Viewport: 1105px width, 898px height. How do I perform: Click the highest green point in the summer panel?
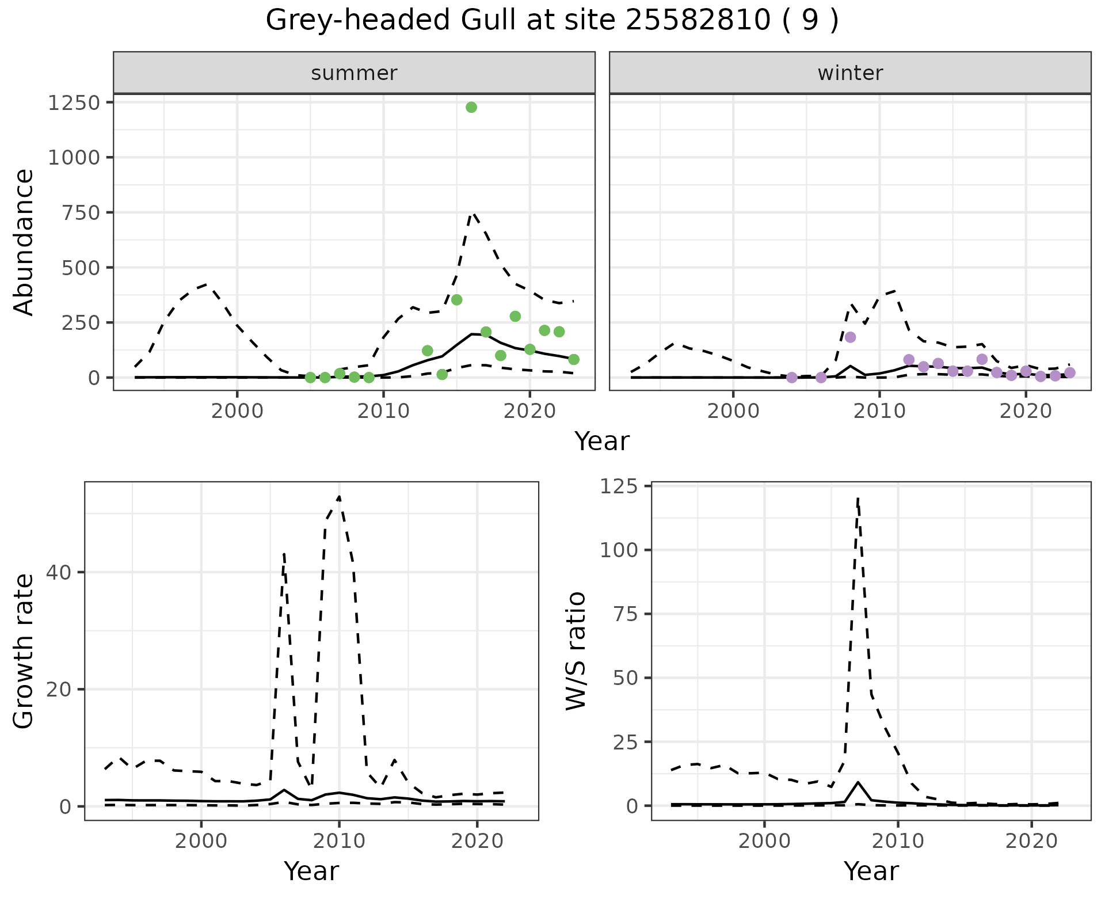tap(471, 108)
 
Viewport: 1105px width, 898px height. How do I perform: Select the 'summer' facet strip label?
tap(354, 73)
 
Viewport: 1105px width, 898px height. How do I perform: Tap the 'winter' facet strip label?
tap(850, 73)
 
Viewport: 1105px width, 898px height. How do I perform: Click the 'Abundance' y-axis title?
tap(24, 242)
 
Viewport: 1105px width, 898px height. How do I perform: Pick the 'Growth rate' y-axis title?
tap(24, 652)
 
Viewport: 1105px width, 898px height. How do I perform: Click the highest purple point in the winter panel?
tap(851, 337)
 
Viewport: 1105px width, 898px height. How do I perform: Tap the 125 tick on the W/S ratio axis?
tap(619, 486)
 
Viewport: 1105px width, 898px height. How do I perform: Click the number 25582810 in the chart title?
tap(698, 21)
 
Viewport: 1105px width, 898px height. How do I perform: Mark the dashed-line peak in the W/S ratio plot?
tap(858, 499)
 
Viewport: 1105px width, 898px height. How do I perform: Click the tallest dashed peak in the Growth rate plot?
tap(339, 496)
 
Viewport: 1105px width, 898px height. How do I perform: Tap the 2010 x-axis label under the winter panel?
tap(879, 411)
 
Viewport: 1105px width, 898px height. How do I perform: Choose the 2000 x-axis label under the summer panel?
tap(237, 411)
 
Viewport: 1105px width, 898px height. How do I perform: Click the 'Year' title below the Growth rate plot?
tap(311, 871)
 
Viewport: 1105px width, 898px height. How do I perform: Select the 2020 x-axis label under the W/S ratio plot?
tap(1032, 841)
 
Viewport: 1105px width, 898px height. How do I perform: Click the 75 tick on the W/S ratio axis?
tap(626, 614)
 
